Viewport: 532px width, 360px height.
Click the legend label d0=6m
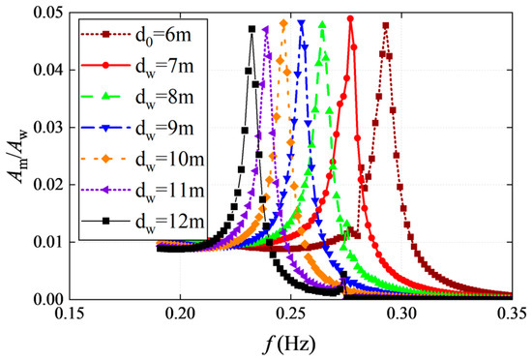163,35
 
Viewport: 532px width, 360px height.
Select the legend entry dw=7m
164,66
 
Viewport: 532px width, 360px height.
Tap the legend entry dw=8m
164,98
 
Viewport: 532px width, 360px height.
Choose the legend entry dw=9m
164,129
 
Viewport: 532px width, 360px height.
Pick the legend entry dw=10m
170,160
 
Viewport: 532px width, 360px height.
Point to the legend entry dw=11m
170,191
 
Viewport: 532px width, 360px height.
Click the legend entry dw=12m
170,222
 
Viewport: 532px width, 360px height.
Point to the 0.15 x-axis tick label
70,315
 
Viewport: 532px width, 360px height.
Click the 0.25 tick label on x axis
291,315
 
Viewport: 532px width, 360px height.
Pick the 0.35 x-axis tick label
513,315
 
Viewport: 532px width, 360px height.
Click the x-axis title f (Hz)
291,345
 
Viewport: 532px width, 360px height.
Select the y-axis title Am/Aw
18,157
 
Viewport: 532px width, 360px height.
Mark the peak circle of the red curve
350,18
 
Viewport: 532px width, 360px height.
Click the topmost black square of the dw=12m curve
251,29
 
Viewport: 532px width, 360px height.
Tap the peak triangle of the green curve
322,24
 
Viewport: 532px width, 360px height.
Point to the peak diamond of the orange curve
284,23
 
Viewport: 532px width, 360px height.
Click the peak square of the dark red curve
386,25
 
